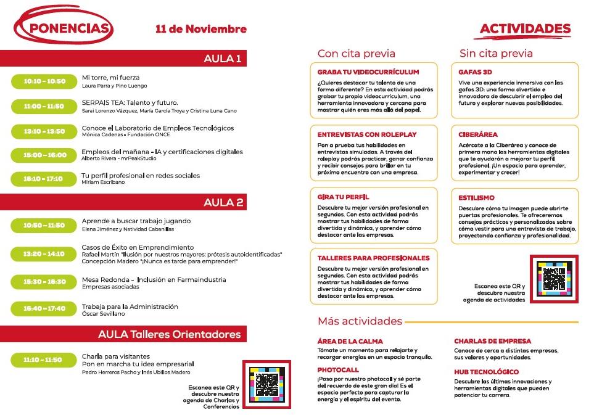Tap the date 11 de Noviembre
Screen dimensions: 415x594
point(201,29)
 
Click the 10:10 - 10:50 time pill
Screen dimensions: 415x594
point(44,81)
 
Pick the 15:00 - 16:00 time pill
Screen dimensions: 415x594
point(44,155)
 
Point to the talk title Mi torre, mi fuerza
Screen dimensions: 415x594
point(110,78)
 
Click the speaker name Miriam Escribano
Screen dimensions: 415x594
point(103,183)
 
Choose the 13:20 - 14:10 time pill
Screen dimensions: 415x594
point(44,253)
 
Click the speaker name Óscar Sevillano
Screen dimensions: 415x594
point(103,314)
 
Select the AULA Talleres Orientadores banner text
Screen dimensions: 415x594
point(169,334)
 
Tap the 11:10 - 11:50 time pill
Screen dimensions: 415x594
point(44,360)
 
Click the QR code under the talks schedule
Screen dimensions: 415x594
point(266,384)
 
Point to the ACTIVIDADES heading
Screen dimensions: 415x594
point(525,29)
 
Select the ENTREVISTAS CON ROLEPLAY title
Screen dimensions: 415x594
point(367,134)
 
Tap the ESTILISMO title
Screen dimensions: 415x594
point(476,197)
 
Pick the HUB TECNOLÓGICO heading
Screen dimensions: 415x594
point(486,372)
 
